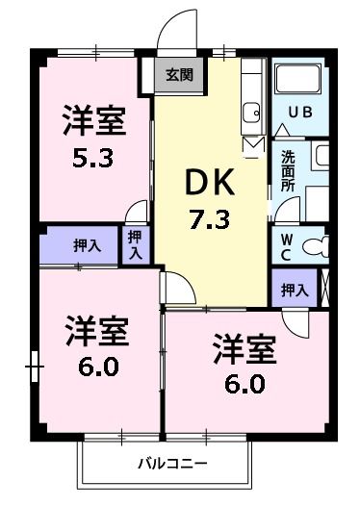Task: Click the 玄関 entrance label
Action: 179,74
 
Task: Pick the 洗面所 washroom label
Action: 288,170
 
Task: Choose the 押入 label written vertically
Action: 135,244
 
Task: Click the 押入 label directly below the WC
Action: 294,288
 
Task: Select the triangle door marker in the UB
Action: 282,128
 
